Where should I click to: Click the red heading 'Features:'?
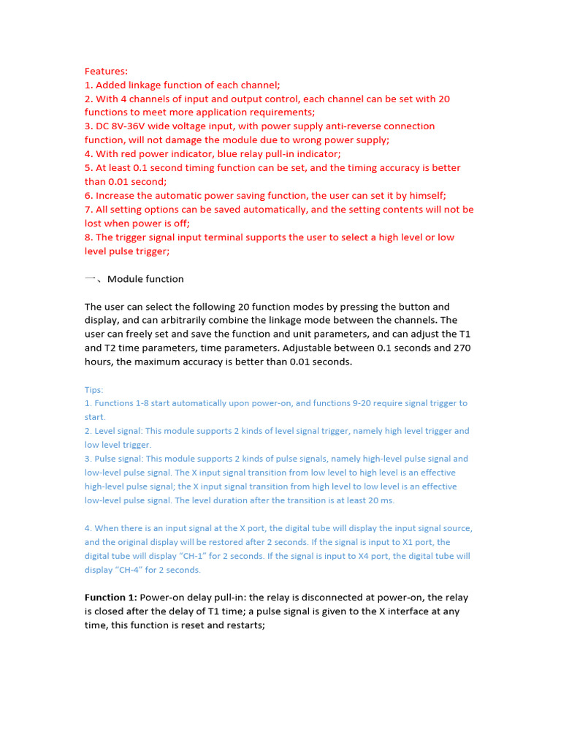tap(106, 71)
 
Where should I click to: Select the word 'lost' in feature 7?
tap(95, 224)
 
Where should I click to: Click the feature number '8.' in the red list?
tap(88, 237)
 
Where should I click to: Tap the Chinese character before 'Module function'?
tap(91, 279)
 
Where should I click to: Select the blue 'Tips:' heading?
tap(94, 389)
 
